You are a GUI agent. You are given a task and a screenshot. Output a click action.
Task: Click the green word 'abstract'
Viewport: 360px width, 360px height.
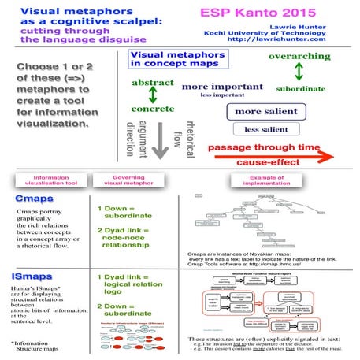click(153, 82)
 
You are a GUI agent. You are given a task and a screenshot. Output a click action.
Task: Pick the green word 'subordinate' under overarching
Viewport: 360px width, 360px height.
click(300, 88)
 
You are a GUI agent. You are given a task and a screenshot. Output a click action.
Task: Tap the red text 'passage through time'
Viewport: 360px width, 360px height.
click(275, 147)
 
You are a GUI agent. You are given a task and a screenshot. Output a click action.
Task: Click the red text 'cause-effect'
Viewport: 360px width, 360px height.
click(269, 161)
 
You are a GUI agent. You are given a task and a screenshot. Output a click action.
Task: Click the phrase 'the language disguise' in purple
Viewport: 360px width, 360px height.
click(68, 37)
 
